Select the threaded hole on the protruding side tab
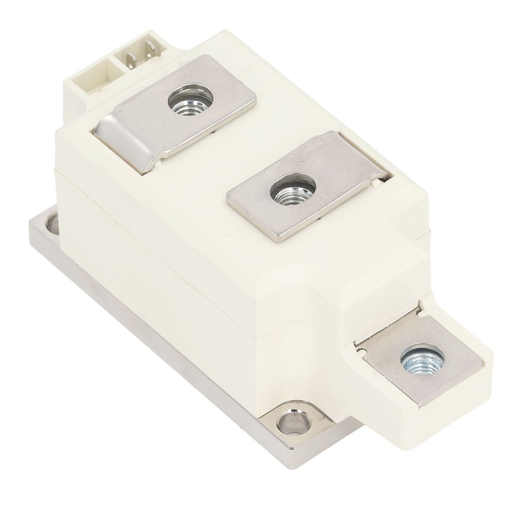[x=422, y=359]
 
